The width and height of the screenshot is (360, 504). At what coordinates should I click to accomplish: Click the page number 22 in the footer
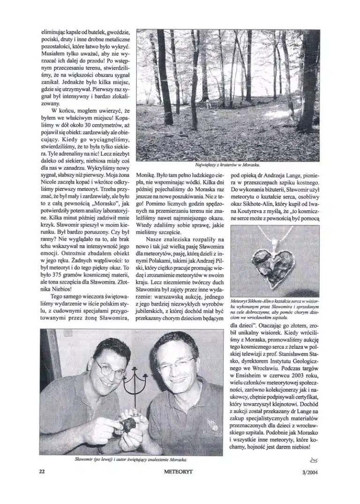(42, 472)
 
